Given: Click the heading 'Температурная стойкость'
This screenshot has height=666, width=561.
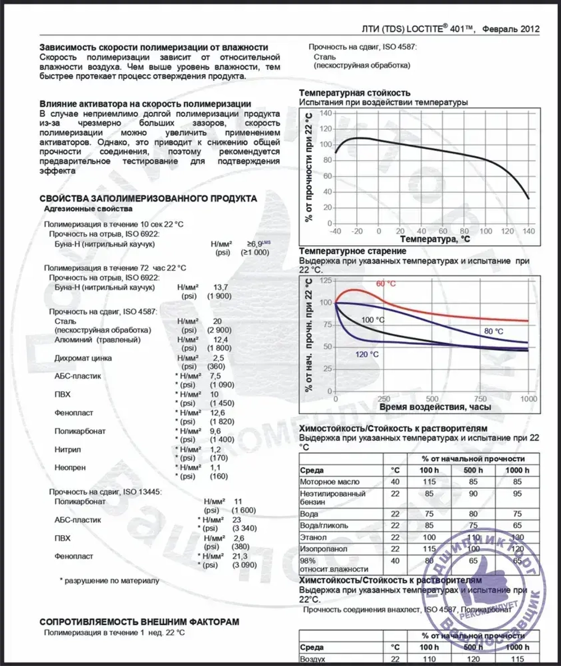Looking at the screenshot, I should (x=355, y=93).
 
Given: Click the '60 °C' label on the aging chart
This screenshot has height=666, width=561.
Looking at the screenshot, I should (x=385, y=284).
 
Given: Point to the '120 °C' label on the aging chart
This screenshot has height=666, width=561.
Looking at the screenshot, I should (x=367, y=354).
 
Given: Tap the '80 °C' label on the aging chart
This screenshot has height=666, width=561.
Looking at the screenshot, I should (x=494, y=331).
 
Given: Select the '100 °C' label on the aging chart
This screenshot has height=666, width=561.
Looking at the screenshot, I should (x=373, y=320).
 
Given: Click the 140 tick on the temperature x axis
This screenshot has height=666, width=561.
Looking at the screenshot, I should (x=528, y=231).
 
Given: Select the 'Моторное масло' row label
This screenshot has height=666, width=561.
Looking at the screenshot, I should (x=330, y=482).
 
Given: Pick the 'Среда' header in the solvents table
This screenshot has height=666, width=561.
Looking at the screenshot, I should (x=312, y=470).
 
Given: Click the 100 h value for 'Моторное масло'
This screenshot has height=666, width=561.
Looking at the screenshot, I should (x=430, y=482).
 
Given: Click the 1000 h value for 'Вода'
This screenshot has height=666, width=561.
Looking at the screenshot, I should (x=517, y=514).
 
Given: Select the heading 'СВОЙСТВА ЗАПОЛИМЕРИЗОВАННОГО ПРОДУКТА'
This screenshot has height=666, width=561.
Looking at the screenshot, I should (x=149, y=198).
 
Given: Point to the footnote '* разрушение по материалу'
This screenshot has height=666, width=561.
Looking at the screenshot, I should (x=109, y=580).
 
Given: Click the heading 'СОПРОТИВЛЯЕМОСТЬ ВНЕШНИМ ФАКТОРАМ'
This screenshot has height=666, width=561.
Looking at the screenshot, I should (x=139, y=622).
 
